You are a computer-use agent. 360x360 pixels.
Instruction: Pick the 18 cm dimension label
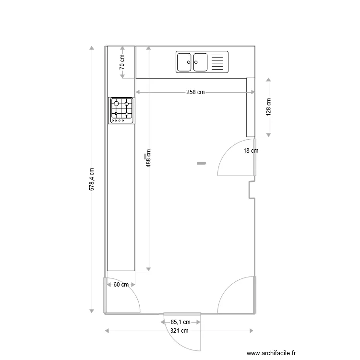251,151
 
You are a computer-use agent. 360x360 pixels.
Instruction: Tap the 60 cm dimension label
120,285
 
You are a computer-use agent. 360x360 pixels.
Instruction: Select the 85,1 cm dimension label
180,322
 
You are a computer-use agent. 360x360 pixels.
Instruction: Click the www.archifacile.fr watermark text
271,353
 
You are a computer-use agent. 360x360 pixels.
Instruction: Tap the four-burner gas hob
122,110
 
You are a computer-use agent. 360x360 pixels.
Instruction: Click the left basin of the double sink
185,62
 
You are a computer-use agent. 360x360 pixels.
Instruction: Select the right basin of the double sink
200,62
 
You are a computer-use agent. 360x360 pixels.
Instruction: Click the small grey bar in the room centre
201,164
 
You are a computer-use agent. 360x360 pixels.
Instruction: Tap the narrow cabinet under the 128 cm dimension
250,107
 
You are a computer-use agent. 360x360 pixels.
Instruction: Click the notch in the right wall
251,190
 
